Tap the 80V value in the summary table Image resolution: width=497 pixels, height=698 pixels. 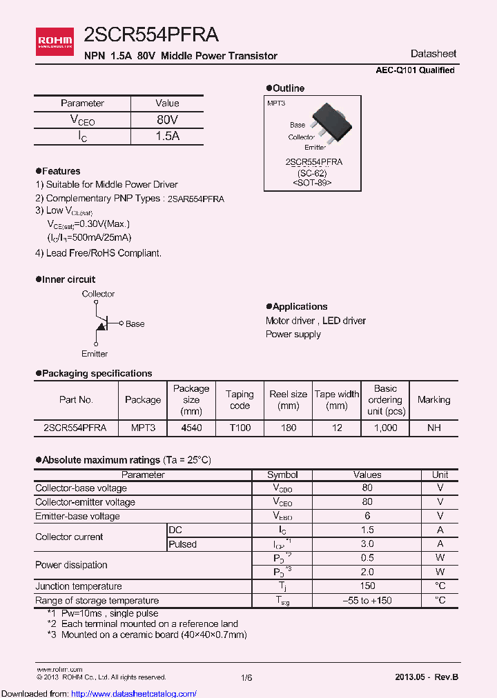click(167, 120)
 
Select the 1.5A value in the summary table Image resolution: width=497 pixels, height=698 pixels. click(167, 136)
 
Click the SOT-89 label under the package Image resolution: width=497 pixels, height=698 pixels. click(312, 183)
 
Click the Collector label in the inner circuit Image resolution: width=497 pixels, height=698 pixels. click(98, 294)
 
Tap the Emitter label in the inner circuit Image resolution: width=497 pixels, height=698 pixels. click(95, 354)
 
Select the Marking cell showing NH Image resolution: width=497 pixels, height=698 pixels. click(433, 428)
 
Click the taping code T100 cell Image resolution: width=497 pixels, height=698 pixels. click(240, 428)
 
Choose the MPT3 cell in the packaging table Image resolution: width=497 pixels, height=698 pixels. click(143, 428)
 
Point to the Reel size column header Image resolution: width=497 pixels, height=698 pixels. click(289, 400)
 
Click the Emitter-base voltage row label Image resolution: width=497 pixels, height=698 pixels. click(77, 516)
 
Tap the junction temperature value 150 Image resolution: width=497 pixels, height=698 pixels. click(367, 586)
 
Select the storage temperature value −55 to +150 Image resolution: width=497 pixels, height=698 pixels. click(367, 600)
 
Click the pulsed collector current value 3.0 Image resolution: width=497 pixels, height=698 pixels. click(367, 544)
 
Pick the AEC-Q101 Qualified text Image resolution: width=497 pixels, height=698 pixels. click(415, 70)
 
